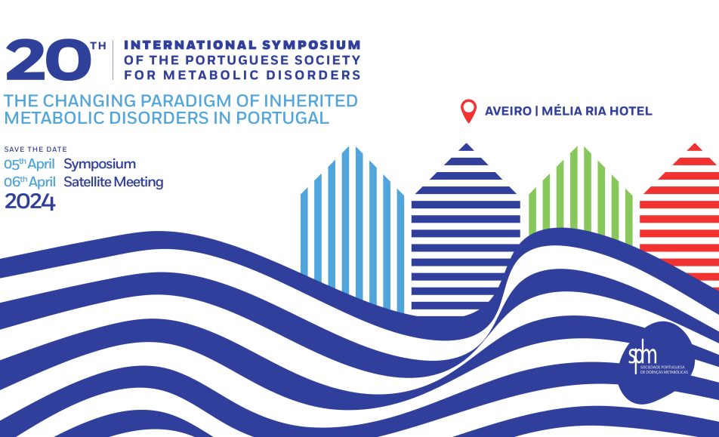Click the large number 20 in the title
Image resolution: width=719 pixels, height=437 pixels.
48,60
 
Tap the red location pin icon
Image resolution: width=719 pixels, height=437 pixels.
468,111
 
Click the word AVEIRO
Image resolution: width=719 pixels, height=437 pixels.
508,111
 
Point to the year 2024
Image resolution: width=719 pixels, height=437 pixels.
30,202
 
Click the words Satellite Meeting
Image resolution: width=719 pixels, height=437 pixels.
114,183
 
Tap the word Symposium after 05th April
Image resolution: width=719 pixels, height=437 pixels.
100,164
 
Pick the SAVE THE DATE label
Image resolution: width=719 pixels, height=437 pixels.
35,149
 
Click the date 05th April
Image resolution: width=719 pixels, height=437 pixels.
29,164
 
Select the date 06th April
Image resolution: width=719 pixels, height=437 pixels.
29,183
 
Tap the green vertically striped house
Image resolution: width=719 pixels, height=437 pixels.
581,195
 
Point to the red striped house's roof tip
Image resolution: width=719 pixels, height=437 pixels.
695,145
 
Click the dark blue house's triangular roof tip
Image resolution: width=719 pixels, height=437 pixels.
466,145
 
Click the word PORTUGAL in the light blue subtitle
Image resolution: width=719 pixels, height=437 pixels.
282,118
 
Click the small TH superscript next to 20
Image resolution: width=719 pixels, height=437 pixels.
98,46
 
